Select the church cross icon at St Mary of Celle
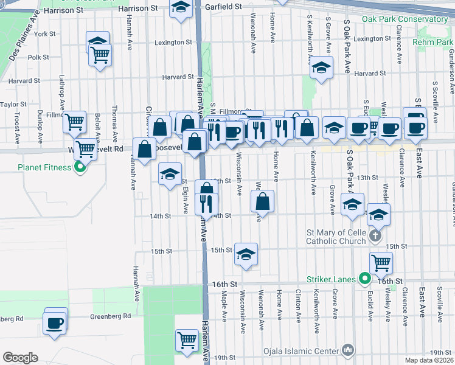[x=376, y=235]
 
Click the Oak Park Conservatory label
[x=405, y=19]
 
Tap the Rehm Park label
[x=432, y=42]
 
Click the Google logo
[x=20, y=357]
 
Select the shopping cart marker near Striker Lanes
[x=381, y=263]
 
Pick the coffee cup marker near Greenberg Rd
[x=55, y=322]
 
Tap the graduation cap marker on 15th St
[x=246, y=255]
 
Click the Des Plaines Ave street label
[x=21, y=51]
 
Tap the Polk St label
[x=38, y=57]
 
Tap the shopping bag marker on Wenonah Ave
[x=262, y=202]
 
